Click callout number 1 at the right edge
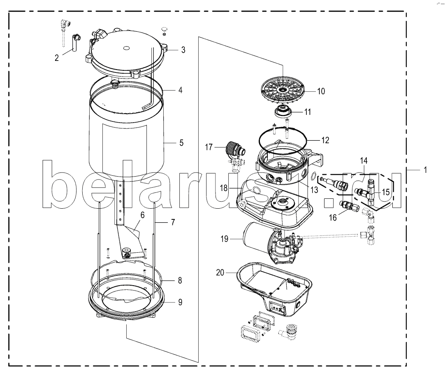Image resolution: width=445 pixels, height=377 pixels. point(426,169)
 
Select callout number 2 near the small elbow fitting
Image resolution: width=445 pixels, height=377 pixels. point(57,58)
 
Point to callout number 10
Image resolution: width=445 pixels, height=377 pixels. point(321,91)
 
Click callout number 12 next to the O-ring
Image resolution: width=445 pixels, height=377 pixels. point(325,140)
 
